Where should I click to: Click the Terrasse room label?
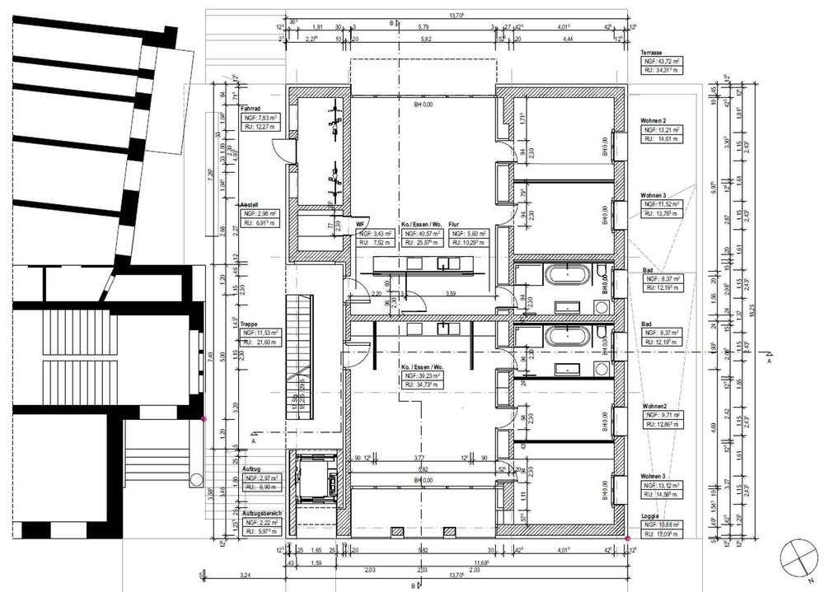pos(655,51)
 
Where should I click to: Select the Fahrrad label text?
pos(250,108)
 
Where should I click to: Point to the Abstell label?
pos(250,204)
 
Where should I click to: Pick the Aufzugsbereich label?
pos(260,514)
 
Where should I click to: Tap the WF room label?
pos(360,223)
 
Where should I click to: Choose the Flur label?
pos(455,223)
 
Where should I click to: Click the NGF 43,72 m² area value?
pos(662,62)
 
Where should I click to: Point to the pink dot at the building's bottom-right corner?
pos(627,538)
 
